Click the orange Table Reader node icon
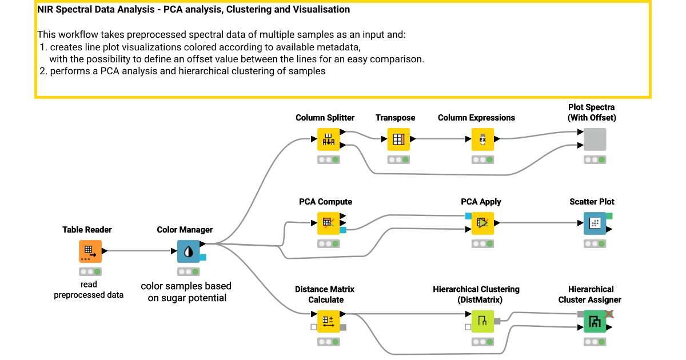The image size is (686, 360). [90, 251]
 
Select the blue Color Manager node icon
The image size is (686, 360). [188, 251]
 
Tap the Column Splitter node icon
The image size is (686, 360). [328, 139]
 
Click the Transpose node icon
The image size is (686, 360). [398, 139]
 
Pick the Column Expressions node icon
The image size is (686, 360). [482, 139]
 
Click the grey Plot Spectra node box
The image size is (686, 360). [595, 139]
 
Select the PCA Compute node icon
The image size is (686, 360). [328, 223]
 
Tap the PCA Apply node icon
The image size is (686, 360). [482, 223]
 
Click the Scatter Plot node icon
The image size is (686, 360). [595, 223]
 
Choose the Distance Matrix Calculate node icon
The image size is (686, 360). [328, 321]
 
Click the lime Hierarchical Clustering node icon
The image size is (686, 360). [482, 321]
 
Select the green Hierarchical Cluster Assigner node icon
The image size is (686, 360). [595, 321]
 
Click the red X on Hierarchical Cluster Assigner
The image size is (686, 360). [609, 314]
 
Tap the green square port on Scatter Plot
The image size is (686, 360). [609, 216]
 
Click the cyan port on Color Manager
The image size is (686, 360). [203, 258]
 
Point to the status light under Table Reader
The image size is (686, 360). [90, 271]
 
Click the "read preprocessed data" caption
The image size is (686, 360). [89, 290]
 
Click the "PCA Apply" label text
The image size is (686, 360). [481, 202]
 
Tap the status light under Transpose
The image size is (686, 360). [398, 159]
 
